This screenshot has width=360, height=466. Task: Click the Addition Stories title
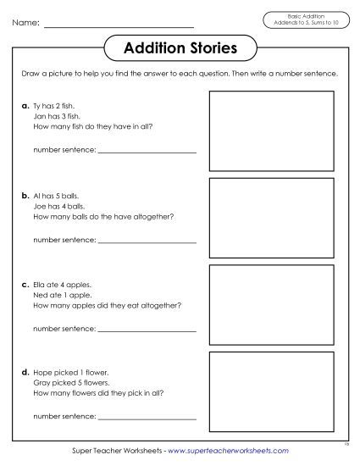click(180, 47)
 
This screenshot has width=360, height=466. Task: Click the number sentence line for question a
click(147, 153)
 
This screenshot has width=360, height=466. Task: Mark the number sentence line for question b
click(147, 241)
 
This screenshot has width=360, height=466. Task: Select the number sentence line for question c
click(147, 329)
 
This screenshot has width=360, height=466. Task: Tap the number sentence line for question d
click(147, 417)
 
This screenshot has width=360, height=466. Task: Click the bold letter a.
click(26, 107)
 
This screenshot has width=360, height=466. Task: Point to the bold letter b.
click(26, 195)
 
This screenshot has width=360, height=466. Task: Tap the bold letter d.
click(26, 371)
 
